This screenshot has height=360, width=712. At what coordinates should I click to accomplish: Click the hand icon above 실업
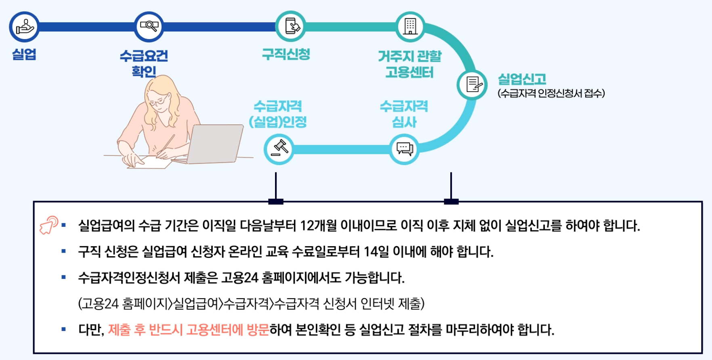pyautogui.click(x=24, y=27)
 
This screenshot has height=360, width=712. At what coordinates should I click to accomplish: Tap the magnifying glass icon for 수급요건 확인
pyautogui.click(x=149, y=27)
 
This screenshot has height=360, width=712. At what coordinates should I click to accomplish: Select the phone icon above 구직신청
pyautogui.click(x=291, y=26)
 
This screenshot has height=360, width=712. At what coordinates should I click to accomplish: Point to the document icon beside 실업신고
pyautogui.click(x=473, y=85)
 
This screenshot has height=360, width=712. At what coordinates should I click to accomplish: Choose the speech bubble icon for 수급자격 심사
pyautogui.click(x=404, y=149)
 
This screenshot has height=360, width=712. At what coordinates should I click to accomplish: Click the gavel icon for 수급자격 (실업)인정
pyautogui.click(x=279, y=149)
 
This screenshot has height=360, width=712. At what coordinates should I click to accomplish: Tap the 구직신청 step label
pyautogui.click(x=286, y=54)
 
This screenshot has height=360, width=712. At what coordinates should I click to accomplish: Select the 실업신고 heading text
pyautogui.click(x=522, y=79)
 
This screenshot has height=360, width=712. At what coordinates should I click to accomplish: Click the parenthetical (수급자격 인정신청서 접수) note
pyautogui.click(x=551, y=93)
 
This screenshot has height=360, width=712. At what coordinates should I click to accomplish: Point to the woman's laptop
pyautogui.click(x=216, y=143)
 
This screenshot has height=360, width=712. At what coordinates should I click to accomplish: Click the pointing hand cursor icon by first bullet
pyautogui.click(x=49, y=224)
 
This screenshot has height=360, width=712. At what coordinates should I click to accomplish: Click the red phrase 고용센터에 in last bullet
pyautogui.click(x=214, y=330)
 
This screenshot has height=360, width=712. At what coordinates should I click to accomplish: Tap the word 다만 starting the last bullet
pyautogui.click(x=90, y=330)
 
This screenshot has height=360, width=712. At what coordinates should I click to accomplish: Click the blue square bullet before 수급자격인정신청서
pyautogui.click(x=64, y=277)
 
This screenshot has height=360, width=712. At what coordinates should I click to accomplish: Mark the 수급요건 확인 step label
pyautogui.click(x=144, y=63)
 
